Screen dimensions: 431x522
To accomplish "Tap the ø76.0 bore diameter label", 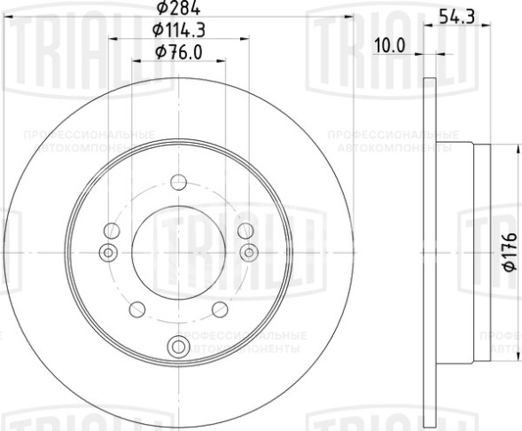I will tap(178, 52).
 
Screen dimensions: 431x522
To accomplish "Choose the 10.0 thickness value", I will tap(389, 45).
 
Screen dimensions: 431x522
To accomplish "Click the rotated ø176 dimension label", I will tap(510, 252).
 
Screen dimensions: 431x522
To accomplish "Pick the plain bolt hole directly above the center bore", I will tap(178, 184).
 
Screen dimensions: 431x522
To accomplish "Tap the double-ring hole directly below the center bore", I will tap(178, 347).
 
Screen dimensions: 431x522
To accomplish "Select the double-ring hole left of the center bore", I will tap(109, 253).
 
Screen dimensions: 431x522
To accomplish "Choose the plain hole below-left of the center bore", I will tap(137, 309).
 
